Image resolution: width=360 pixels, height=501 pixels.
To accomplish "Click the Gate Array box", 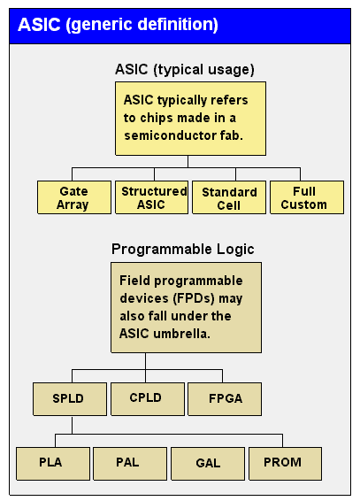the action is point(74,197).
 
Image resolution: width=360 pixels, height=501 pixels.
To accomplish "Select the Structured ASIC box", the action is point(151,197).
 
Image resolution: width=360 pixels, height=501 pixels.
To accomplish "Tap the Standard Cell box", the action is point(229,197).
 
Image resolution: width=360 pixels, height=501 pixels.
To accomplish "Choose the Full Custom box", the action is point(307,197).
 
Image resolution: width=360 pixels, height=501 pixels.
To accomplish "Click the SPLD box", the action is point(70,399).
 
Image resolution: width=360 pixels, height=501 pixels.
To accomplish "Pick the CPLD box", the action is point(148,399).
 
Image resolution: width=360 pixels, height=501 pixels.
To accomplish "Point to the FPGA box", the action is point(225,399).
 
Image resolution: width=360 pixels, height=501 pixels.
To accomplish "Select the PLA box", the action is point(53,464).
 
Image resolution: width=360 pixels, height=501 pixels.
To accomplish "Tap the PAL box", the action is point(130,464).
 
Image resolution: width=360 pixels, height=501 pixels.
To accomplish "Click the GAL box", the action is point(208,464).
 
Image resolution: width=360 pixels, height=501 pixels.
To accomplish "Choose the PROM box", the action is point(286,464).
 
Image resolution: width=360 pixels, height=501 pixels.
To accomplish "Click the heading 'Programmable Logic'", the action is point(183,250).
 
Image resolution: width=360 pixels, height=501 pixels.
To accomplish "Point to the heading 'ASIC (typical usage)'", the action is point(185,69).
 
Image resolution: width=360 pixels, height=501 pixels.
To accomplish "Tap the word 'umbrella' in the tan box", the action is point(181,334).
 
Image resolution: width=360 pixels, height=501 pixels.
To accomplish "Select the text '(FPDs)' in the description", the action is point(194,298).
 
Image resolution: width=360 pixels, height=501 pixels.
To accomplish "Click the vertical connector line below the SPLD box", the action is point(72,425).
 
